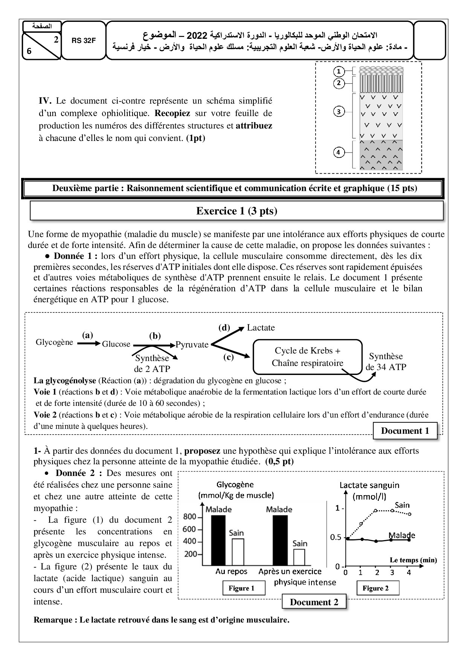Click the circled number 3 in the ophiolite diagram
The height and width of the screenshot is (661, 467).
click(339, 112)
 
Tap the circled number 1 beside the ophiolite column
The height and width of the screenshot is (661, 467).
click(339, 71)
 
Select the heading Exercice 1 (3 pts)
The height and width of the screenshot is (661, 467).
click(237, 211)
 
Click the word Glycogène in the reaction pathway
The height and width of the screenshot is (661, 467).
click(54, 342)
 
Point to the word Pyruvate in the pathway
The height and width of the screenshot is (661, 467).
click(192, 344)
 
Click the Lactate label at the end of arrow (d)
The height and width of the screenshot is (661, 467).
click(261, 327)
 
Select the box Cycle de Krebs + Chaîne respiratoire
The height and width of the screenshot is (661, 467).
click(307, 357)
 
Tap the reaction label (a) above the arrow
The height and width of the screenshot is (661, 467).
click(87, 335)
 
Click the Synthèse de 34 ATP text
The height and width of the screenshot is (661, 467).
click(386, 361)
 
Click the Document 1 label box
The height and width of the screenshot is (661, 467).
click(405, 431)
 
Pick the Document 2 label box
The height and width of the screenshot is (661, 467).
click(314, 602)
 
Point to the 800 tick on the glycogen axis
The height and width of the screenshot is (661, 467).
click(190, 517)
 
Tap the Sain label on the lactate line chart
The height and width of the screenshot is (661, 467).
click(402, 505)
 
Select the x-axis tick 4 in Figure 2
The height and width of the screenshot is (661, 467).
click(409, 572)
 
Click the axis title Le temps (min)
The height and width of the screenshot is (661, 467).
click(413, 560)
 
